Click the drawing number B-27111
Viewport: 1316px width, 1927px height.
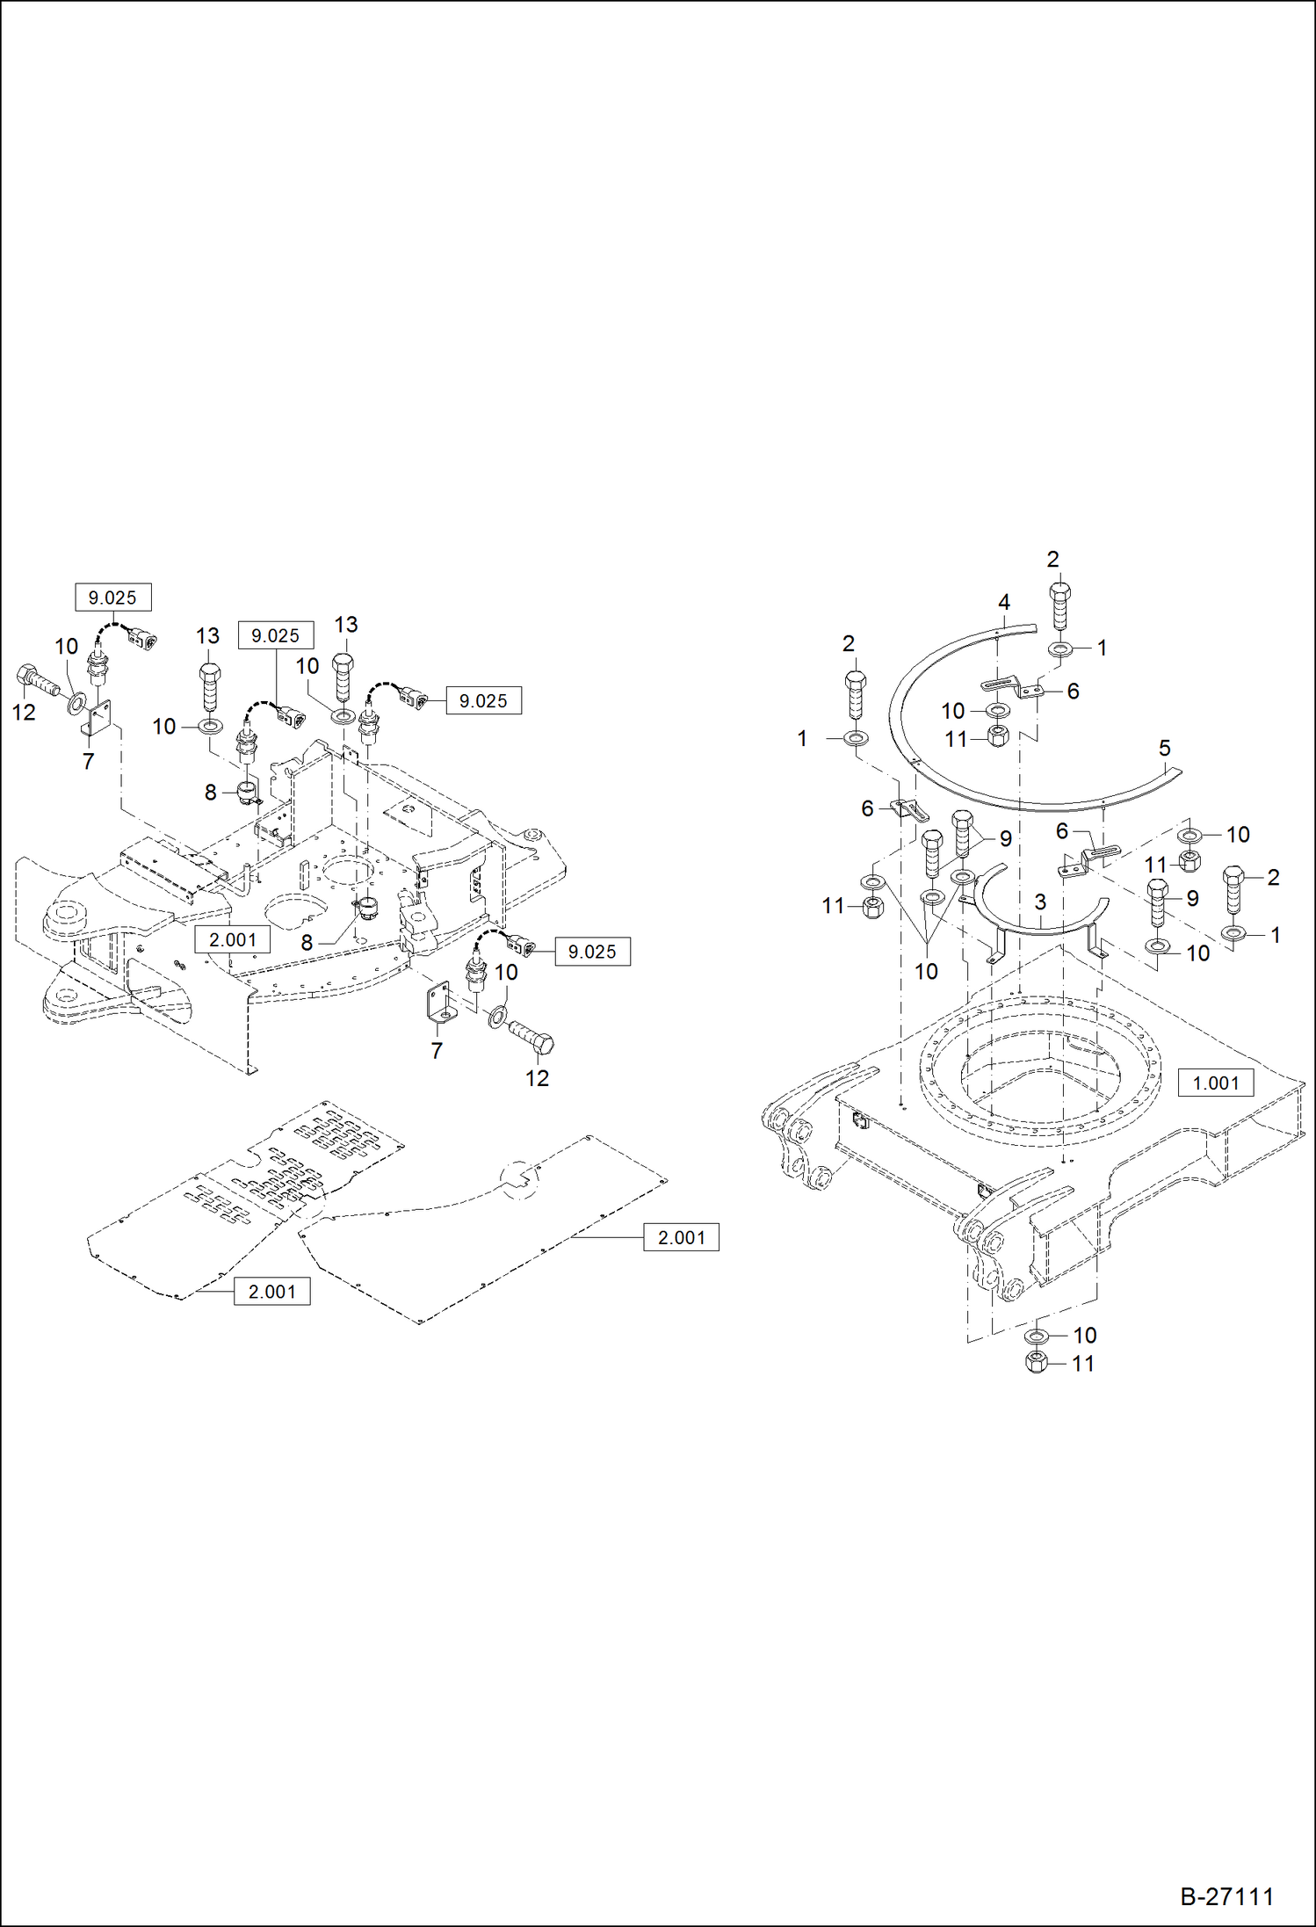[x=1226, y=1896]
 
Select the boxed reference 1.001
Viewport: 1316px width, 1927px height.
[x=1215, y=1083]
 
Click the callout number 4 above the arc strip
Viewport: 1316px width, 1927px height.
[x=1004, y=602]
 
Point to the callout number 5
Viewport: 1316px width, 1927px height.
[x=1164, y=748]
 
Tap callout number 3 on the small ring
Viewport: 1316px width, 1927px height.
[x=1040, y=902]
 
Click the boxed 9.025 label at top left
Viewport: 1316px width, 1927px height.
[x=112, y=598]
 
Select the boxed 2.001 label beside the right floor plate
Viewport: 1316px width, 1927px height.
[x=681, y=1237]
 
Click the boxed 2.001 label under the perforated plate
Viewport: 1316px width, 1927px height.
[x=271, y=1292]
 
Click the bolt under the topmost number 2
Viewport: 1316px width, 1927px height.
[x=1060, y=605]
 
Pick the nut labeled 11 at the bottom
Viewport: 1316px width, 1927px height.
[x=1036, y=1363]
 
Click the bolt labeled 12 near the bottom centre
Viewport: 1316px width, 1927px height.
[x=532, y=1039]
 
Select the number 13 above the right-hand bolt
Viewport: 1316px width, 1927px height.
[x=345, y=625]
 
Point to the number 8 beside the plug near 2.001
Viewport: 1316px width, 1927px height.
[x=307, y=943]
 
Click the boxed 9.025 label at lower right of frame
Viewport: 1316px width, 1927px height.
[x=592, y=952]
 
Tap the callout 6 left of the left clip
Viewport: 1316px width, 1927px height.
[x=867, y=808]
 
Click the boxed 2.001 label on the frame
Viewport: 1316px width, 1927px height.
[x=232, y=939]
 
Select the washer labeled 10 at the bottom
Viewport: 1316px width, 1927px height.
[x=1037, y=1336]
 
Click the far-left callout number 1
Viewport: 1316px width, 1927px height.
[x=801, y=739]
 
